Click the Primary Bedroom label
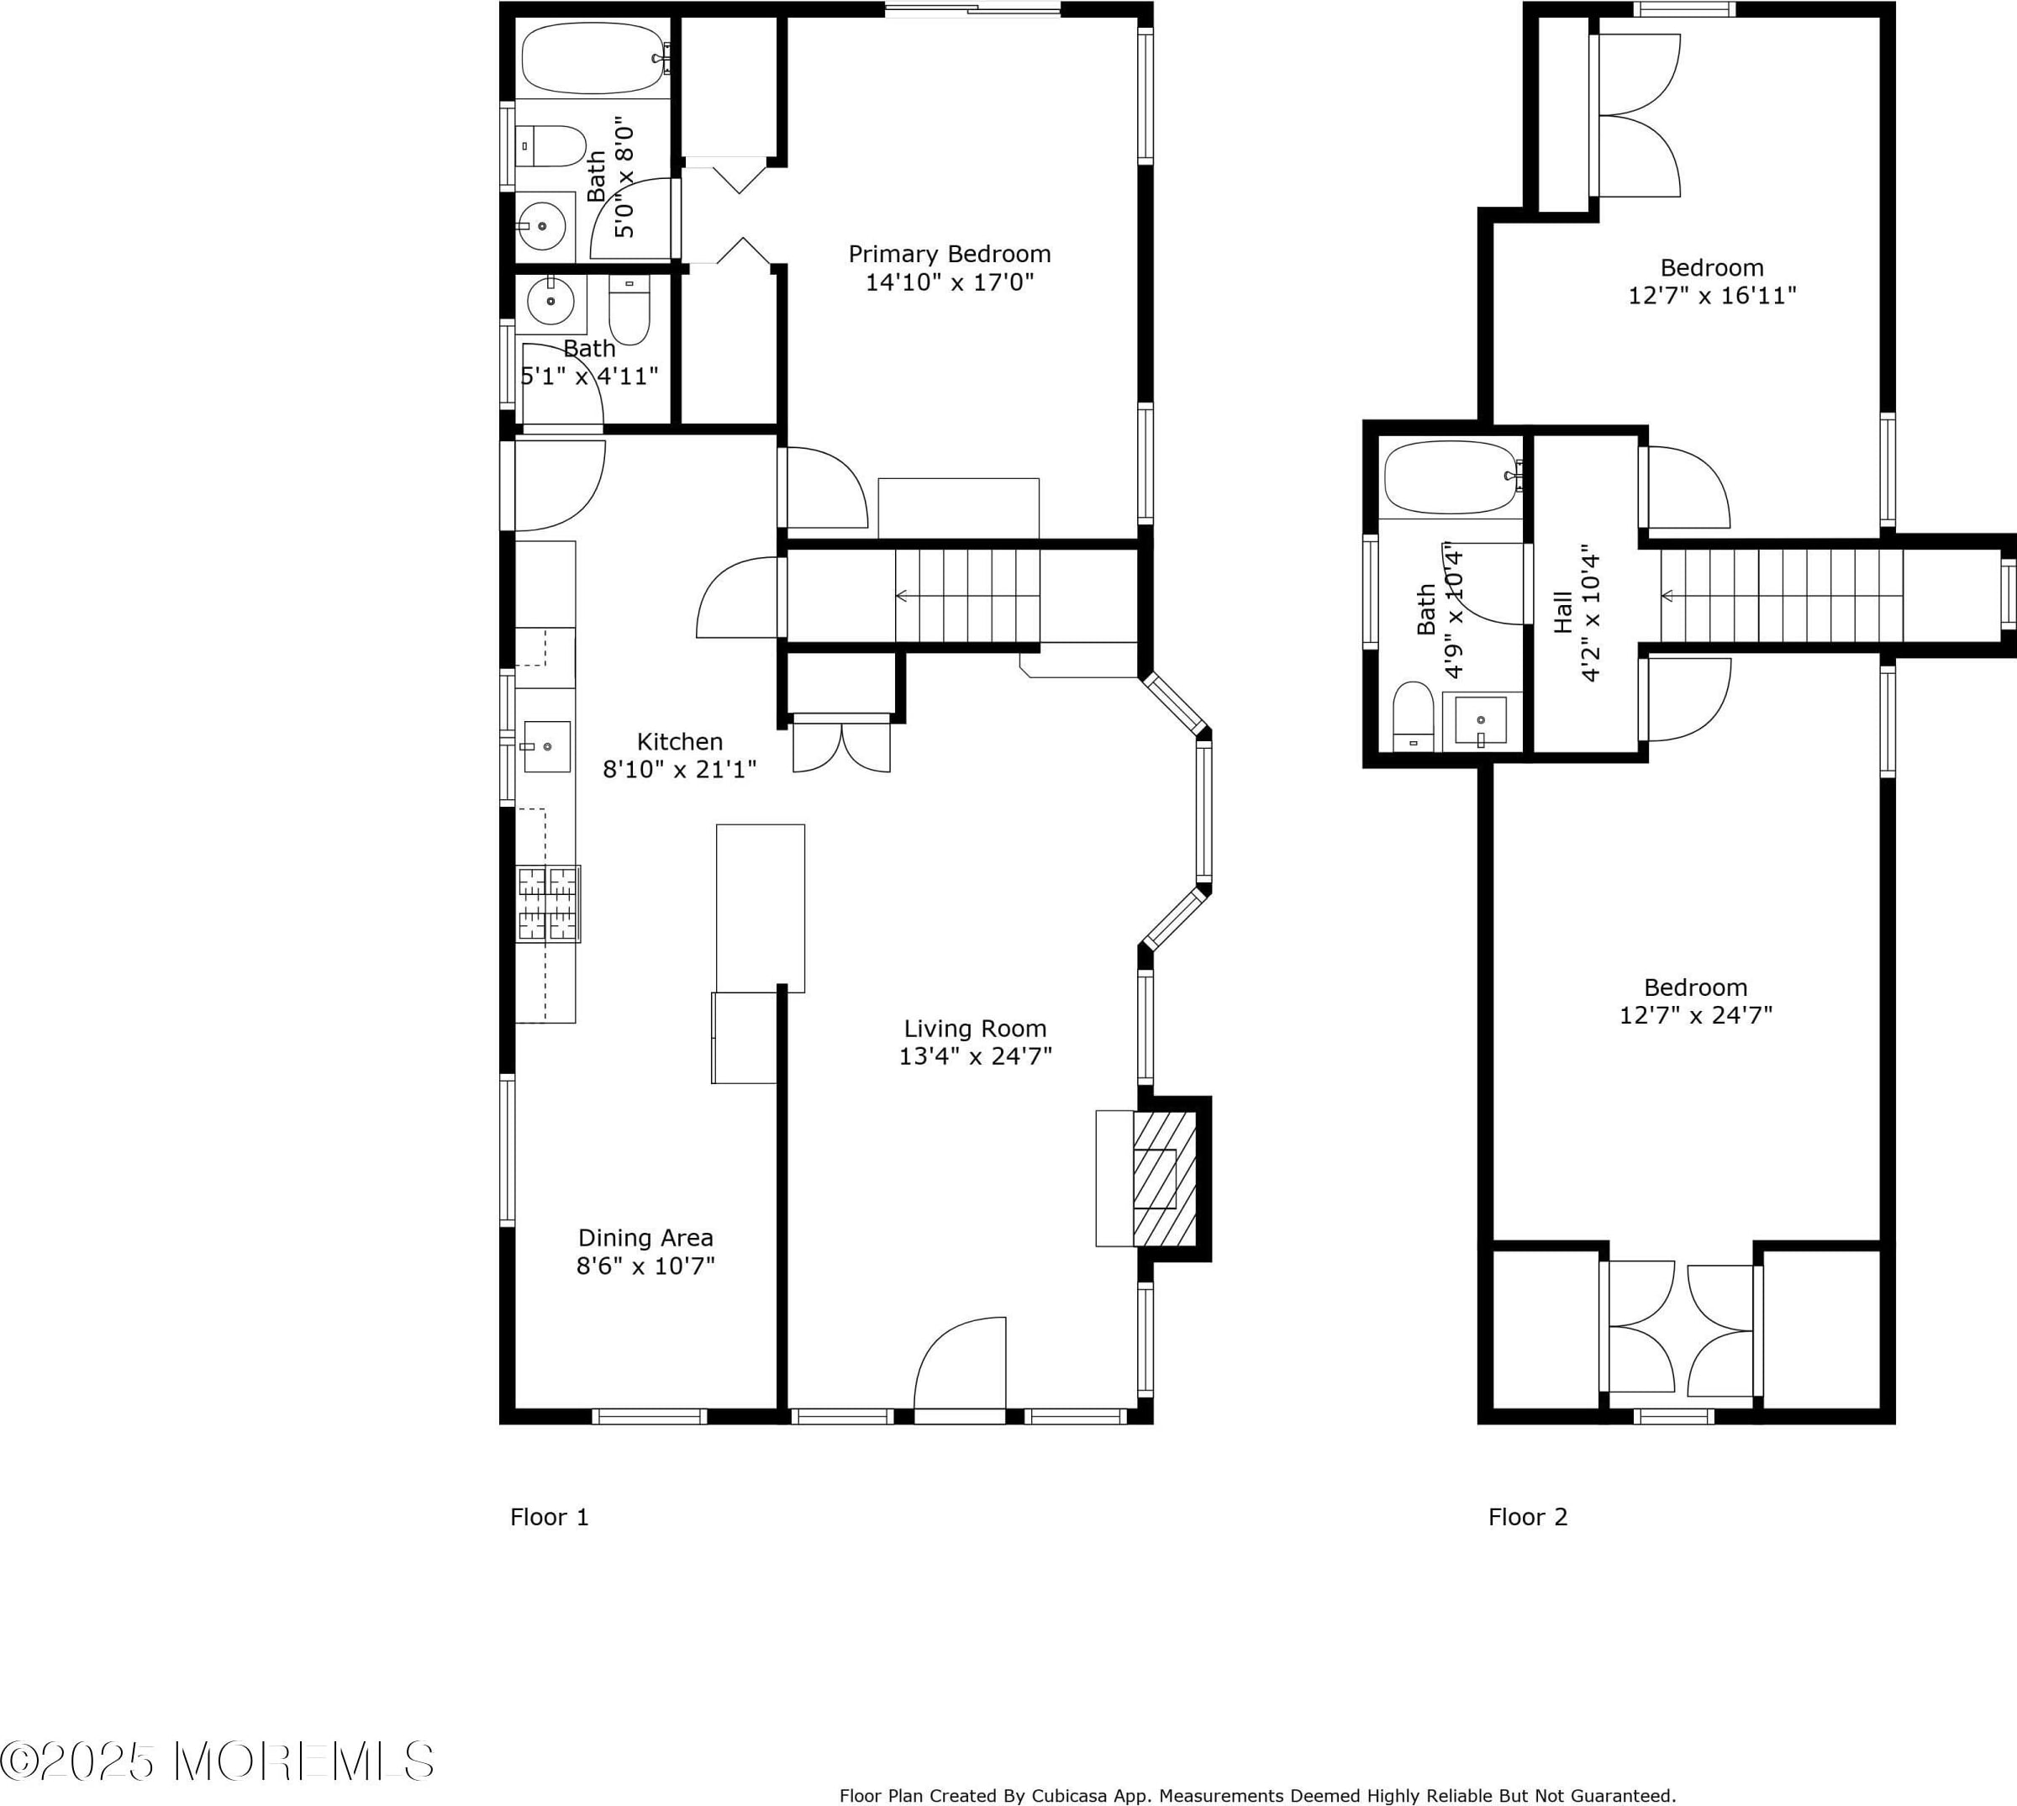(950, 254)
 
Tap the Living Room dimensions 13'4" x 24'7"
(975, 1056)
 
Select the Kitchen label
(680, 741)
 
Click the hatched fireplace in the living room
(1164, 1179)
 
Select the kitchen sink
(545, 746)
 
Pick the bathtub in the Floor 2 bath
(1453, 478)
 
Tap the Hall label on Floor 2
(1564, 613)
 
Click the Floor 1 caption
(550, 1516)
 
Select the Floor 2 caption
(1528, 1516)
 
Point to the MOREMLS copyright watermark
(216, 1761)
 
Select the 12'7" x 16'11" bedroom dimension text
(1713, 296)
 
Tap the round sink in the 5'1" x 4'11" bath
(550, 301)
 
